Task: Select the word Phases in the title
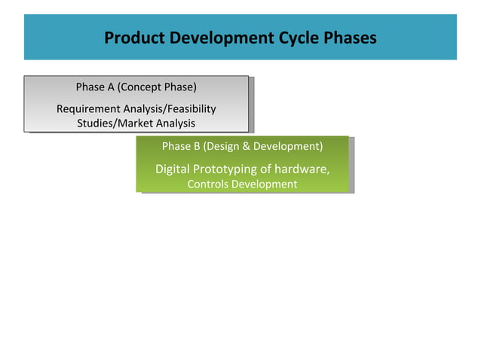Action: [348, 38]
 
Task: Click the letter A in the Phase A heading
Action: [111, 87]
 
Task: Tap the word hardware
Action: [302, 169]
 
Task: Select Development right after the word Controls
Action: [264, 185]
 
